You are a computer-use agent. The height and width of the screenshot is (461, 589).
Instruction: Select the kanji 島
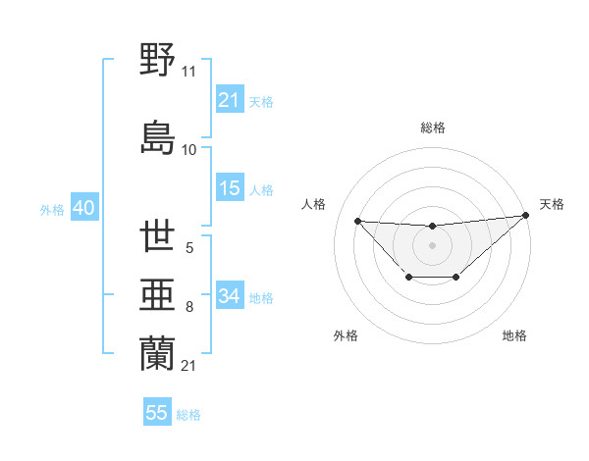[x=158, y=137]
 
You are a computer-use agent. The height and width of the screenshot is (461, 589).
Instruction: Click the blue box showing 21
[x=230, y=100]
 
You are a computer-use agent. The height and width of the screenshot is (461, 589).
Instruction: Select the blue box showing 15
[x=230, y=189]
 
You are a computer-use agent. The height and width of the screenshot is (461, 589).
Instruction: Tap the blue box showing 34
[x=230, y=296]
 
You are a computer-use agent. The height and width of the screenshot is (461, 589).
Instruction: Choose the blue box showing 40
[x=82, y=209]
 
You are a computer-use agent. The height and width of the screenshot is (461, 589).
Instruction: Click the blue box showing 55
[x=157, y=413]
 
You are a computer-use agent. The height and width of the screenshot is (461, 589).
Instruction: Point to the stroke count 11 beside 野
[x=188, y=72]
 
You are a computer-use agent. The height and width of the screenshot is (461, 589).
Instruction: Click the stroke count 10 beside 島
[x=188, y=150]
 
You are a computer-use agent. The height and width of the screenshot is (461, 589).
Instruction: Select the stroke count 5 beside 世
[x=188, y=249]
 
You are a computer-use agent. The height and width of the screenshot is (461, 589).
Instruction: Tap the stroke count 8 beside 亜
[x=188, y=308]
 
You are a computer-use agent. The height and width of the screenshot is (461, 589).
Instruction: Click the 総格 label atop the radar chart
[x=432, y=128]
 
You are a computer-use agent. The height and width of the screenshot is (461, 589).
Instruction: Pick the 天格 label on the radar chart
[x=552, y=204]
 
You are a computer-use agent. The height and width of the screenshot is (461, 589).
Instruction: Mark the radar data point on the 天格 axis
[x=526, y=215]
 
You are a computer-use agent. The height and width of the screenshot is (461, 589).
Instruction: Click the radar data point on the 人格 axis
[x=357, y=221]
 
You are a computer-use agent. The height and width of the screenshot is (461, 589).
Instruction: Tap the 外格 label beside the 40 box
[x=52, y=210]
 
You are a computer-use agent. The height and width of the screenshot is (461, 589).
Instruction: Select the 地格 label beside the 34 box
[x=261, y=297]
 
